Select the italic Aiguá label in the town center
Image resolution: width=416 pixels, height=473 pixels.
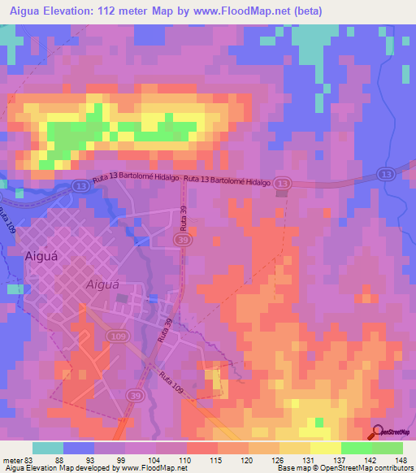pyautogui.click(x=103, y=284)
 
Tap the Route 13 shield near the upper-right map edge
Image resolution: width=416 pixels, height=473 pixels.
pyautogui.click(x=387, y=174)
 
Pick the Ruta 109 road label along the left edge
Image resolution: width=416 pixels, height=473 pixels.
pyautogui.click(x=8, y=220)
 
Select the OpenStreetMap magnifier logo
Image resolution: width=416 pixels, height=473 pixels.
pyautogui.click(x=379, y=432)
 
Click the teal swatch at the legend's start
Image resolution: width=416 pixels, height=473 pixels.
pyautogui.click(x=48, y=448)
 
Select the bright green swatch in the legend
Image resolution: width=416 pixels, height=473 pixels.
pyautogui.click(x=356, y=448)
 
